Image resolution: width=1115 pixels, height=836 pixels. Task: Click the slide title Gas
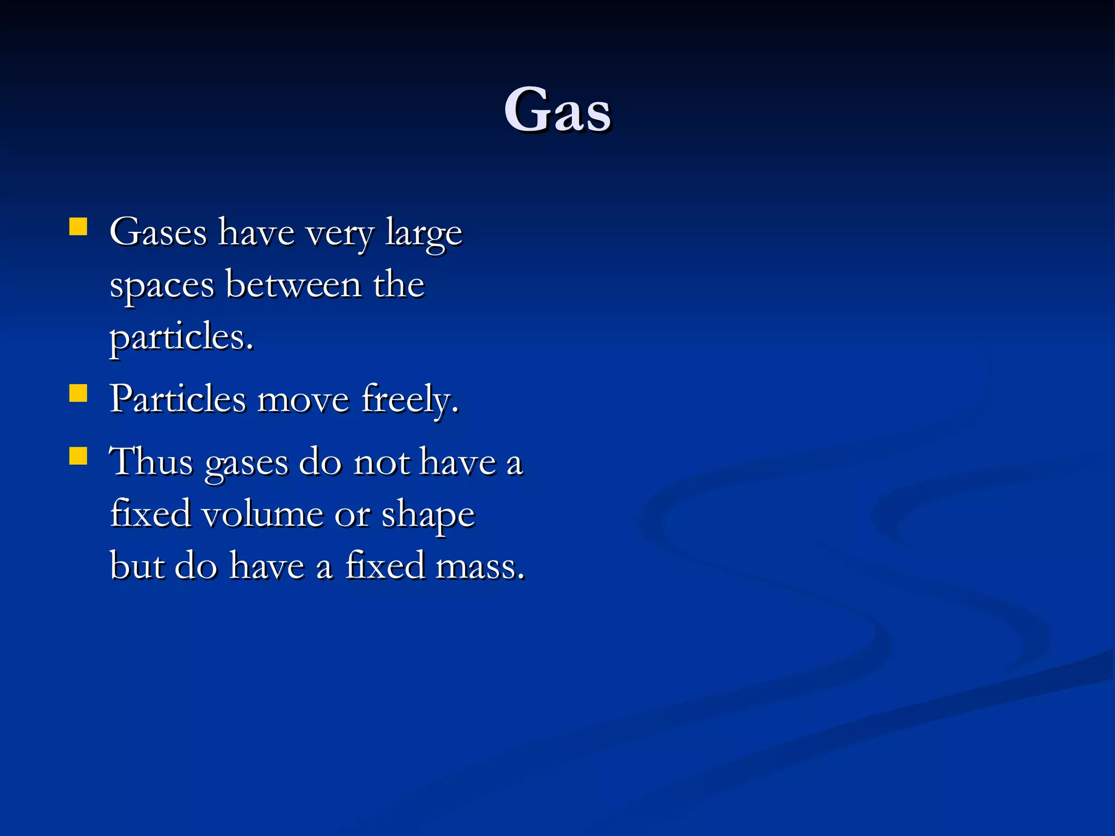pyautogui.click(x=557, y=110)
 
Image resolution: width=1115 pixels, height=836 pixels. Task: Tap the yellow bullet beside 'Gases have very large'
pyautogui.click(x=78, y=226)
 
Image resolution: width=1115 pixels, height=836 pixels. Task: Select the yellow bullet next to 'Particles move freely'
pyautogui.click(x=78, y=393)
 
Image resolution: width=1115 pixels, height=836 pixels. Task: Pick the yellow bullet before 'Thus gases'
pyautogui.click(x=78, y=456)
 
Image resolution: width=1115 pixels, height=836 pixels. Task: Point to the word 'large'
pyautogui.click(x=424, y=234)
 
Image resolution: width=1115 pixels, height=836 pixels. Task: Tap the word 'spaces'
pyautogui.click(x=162, y=286)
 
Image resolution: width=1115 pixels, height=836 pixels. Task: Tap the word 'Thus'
pyautogui.click(x=151, y=462)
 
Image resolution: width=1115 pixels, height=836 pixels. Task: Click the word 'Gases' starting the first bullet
pyautogui.click(x=158, y=233)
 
